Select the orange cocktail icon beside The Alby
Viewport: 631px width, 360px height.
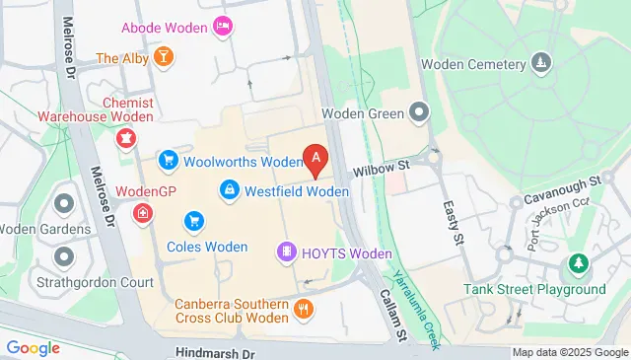tap(164, 57)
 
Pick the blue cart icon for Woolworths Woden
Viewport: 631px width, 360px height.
tap(169, 160)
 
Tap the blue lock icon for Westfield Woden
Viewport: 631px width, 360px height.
tap(229, 187)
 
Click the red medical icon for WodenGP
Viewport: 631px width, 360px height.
tap(144, 212)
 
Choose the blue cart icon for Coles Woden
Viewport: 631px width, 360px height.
tap(194, 221)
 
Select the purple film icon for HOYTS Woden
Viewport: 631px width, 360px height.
tap(286, 252)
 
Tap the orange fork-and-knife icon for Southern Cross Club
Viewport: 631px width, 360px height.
tap(306, 309)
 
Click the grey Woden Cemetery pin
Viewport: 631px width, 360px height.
tap(540, 65)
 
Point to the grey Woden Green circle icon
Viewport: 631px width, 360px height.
tap(421, 112)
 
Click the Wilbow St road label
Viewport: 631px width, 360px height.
tap(381, 169)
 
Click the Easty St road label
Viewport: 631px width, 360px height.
tap(454, 224)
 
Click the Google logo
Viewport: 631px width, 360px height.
tap(34, 347)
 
